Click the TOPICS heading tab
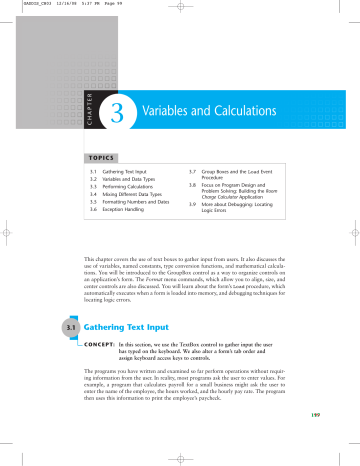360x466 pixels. pyautogui.click(x=94, y=157)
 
